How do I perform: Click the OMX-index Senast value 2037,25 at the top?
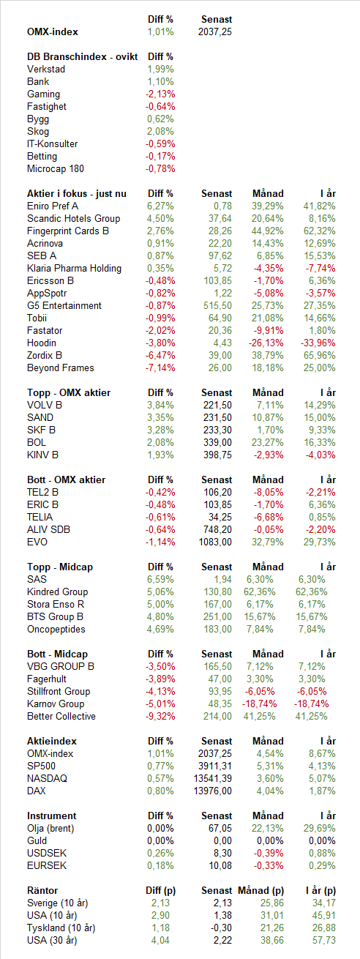point(215,31)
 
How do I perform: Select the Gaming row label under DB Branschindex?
point(43,94)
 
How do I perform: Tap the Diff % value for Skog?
point(160,132)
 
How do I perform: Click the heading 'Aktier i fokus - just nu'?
point(77,193)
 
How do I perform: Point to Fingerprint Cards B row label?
point(67,231)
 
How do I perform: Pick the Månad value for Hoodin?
point(266,343)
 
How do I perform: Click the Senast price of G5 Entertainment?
point(218,306)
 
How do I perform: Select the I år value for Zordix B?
point(319,355)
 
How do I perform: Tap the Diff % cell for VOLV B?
point(160,405)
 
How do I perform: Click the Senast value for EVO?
point(215,542)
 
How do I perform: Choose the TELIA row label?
point(40,517)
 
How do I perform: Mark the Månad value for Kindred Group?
point(260,592)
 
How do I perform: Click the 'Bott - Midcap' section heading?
point(57,654)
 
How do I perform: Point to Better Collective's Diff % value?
point(160,716)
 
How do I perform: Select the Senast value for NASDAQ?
point(213,778)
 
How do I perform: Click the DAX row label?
point(37,791)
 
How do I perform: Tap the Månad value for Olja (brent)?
point(268,828)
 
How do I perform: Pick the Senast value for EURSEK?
point(220,865)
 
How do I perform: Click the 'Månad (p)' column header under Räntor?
point(261,890)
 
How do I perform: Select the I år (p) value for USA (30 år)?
point(324,940)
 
